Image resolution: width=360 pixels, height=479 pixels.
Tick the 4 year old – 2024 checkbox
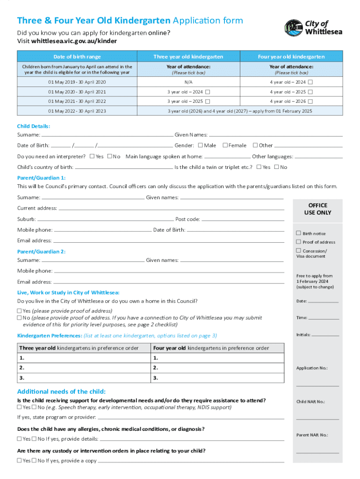pyautogui.click(x=310, y=82)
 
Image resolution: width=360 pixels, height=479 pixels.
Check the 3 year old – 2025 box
pyautogui.click(x=208, y=101)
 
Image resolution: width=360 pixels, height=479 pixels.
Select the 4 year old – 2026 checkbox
pyautogui.click(x=310, y=101)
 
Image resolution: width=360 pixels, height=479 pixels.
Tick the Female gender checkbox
pyautogui.click(x=225, y=145)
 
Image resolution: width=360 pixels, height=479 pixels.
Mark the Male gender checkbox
pyautogui.click(x=201, y=145)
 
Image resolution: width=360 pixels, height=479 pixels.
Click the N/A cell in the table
pyautogui.click(x=188, y=82)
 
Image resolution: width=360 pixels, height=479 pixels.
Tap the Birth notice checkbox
pyautogui.click(x=298, y=233)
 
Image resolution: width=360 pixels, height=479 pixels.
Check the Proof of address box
pyautogui.click(x=298, y=242)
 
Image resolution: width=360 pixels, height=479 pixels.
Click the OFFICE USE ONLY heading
pyautogui.click(x=317, y=209)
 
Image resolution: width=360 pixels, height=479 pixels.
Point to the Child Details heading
pyautogui.click(x=34, y=126)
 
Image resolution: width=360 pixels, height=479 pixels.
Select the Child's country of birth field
pyautogui.click(x=123, y=167)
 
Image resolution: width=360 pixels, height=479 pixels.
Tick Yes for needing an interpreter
pyautogui.click(x=92, y=156)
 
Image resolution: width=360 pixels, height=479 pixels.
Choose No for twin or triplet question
pyautogui.click(x=276, y=167)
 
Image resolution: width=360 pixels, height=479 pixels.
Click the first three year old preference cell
pyautogui.click(x=83, y=358)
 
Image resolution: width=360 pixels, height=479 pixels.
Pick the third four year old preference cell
pyautogui.click(x=217, y=378)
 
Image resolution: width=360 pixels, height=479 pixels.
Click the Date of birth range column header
pyautogui.click(x=77, y=57)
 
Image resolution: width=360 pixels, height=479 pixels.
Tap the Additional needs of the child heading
pyautogui.click(x=61, y=392)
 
